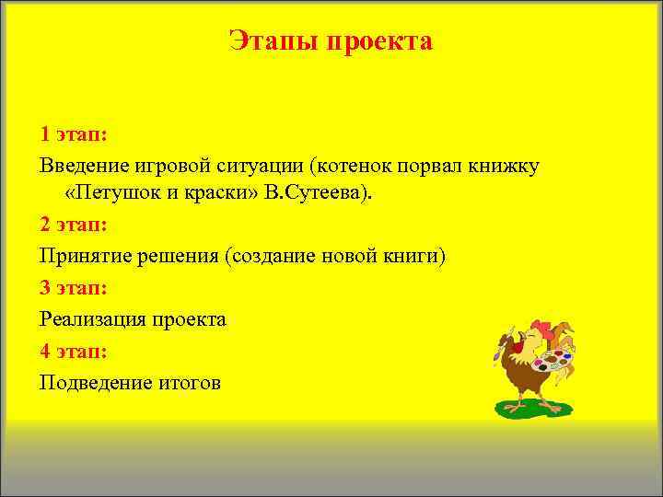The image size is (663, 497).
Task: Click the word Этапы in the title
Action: pos(268,41)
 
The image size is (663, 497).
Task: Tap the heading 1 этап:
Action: pos(74,134)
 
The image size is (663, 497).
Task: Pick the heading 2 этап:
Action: pos(74,224)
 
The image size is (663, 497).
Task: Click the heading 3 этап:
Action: pos(74,287)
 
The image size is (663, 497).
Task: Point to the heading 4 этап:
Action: pos(74,350)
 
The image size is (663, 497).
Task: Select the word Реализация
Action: pos(92,319)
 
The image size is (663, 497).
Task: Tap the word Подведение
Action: pos(92,382)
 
